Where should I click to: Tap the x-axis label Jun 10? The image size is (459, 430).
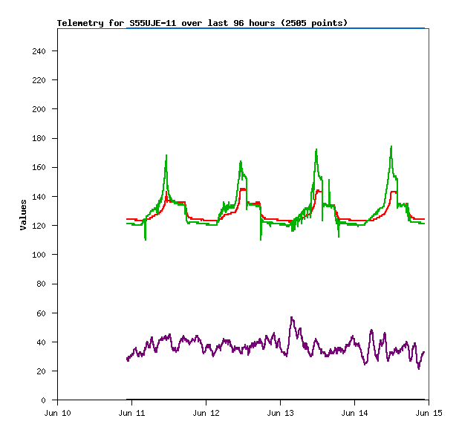click(57, 413)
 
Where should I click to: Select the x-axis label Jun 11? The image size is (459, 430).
click(131, 413)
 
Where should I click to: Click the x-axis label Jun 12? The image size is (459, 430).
click(206, 413)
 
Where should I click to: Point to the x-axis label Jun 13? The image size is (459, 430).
click(280, 413)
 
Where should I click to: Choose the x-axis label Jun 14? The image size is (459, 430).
click(354, 413)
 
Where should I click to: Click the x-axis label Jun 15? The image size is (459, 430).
click(429, 413)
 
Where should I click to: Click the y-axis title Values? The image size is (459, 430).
click(23, 215)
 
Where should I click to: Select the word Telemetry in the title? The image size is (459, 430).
click(81, 23)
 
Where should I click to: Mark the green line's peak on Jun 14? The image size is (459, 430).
click(391, 146)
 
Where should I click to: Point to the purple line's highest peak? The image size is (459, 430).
click(291, 318)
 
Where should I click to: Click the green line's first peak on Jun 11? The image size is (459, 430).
click(166, 155)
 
